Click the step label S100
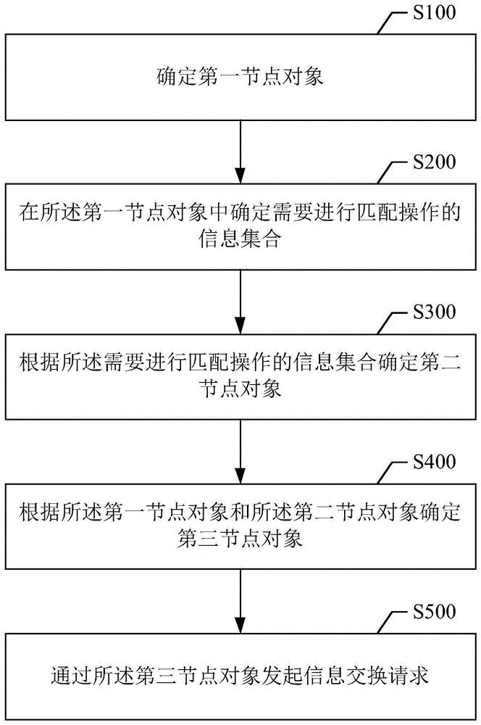click(432, 13)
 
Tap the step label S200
click(432, 161)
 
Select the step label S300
click(432, 312)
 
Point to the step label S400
click(432, 462)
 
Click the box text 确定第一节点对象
click(240, 75)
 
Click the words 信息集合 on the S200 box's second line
click(240, 239)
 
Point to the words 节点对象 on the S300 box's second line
click(240, 389)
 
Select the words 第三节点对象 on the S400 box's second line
click(240, 539)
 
